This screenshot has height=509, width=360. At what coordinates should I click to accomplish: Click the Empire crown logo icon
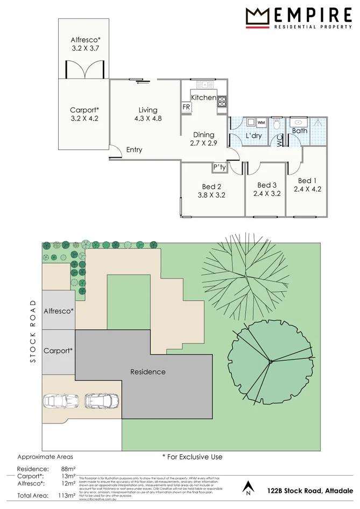tap(257, 17)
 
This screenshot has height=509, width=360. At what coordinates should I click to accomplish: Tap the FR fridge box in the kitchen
tap(186, 107)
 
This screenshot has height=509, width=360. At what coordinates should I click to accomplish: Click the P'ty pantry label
tap(220, 167)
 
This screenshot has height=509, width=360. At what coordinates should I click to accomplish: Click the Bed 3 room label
tap(267, 185)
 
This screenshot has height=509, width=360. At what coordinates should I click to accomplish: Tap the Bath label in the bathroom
tap(299, 131)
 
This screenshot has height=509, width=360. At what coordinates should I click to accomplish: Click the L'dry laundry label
tap(253, 136)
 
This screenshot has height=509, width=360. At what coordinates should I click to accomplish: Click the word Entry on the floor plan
tap(134, 150)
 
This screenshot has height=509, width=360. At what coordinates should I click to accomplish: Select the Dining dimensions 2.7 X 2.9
tap(203, 143)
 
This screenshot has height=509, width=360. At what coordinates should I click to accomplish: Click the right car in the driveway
tap(101, 400)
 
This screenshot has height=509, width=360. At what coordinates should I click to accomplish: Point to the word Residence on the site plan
tap(148, 372)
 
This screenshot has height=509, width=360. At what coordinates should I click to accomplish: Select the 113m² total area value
tap(67, 495)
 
